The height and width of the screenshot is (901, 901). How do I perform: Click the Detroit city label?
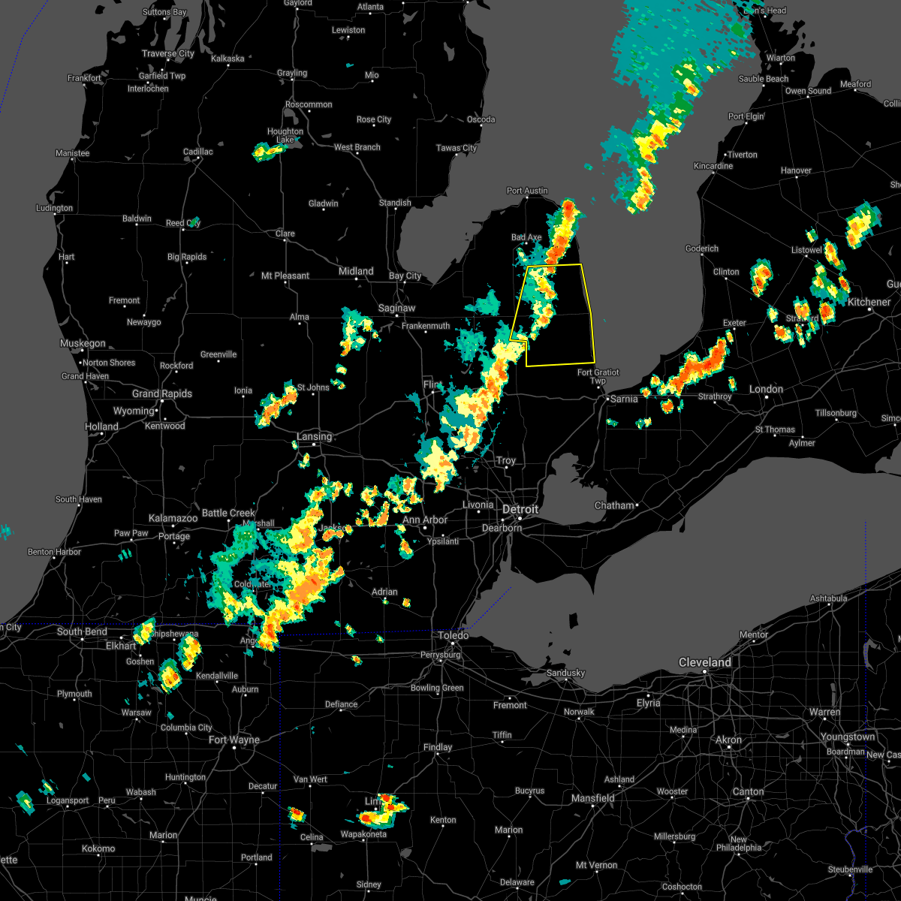pyautogui.click(x=520, y=509)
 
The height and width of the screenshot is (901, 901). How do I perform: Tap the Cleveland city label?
pyautogui.click(x=704, y=662)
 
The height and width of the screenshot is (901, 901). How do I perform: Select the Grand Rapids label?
pyautogui.click(x=162, y=393)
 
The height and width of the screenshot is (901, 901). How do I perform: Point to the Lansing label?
pyautogui.click(x=314, y=436)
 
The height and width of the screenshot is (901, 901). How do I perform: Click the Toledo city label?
pyautogui.click(x=454, y=635)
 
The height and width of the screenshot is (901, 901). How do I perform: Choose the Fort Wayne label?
pyautogui.click(x=234, y=740)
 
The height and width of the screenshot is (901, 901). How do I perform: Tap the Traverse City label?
pyautogui.click(x=168, y=53)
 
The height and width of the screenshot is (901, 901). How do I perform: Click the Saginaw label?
pyautogui.click(x=396, y=308)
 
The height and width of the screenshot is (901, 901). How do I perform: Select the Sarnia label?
pyautogui.click(x=624, y=399)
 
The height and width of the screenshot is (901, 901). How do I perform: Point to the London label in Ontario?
pyautogui.click(x=766, y=389)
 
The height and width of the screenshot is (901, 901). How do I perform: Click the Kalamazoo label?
pyautogui.click(x=173, y=518)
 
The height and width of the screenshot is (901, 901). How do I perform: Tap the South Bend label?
pyautogui.click(x=82, y=631)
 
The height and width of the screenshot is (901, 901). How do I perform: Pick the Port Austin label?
pyautogui.click(x=527, y=191)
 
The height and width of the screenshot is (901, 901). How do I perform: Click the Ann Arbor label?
pyautogui.click(x=425, y=520)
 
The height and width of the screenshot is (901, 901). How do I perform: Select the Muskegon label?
pyautogui.click(x=83, y=343)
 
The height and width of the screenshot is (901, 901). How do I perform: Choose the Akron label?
pyautogui.click(x=728, y=740)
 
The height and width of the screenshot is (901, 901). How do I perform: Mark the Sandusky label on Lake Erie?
pyautogui.click(x=565, y=673)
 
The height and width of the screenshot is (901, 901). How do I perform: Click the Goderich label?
pyautogui.click(x=702, y=249)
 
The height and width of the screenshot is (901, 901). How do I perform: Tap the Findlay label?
pyautogui.click(x=438, y=747)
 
